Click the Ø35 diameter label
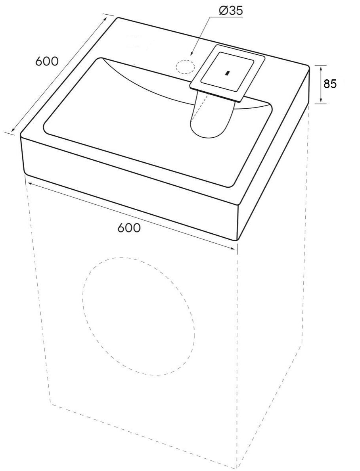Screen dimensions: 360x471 tap(230, 11)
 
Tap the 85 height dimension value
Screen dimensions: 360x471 tap(330, 84)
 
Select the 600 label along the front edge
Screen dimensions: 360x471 tap(129, 228)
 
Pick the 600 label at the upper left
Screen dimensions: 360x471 tap(47, 61)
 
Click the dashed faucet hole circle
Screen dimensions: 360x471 tap(185, 66)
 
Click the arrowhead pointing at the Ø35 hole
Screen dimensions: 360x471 tap(192, 53)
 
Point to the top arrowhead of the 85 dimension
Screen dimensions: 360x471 tap(321, 69)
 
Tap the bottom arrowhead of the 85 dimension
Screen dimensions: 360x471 tap(321, 100)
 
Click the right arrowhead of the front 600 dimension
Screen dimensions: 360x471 tap(232, 248)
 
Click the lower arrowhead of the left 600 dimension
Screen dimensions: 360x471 tap(13, 129)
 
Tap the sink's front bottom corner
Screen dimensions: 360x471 tap(237, 240)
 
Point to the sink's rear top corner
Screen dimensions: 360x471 tap(117, 18)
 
